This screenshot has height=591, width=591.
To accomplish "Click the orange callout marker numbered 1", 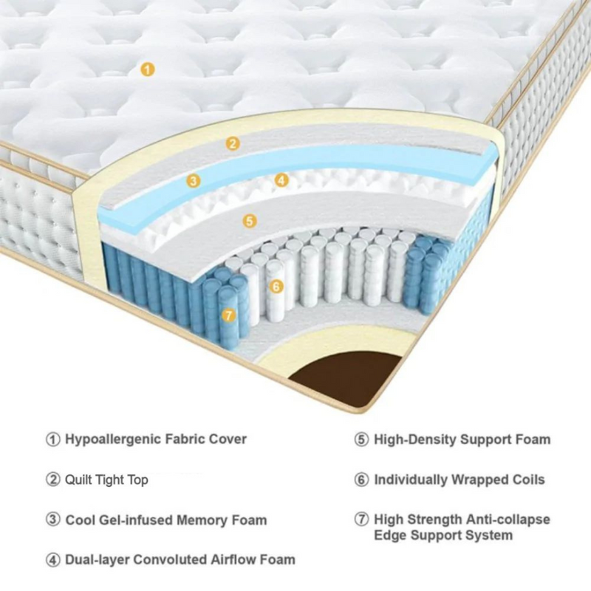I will pos(147,69).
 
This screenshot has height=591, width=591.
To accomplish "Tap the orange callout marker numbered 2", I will pos(233,143).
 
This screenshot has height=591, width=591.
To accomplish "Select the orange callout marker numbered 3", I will pos(193,180).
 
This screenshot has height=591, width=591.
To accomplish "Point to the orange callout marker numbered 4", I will pos(281,180).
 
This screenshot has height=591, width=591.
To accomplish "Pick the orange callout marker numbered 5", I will pos(250,220).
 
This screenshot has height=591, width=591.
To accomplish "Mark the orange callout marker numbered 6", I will pos(276,286).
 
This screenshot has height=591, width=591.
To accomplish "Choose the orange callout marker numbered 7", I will pos(228,315).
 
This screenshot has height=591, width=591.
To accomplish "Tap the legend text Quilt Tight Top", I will pos(107,479).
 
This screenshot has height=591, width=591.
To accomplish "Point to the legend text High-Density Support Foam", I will pos(462,440).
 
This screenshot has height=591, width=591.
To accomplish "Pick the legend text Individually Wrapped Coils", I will pos(459,479).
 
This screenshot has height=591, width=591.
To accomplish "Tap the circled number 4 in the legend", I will pos(52,559).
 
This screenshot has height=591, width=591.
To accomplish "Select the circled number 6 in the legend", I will pos(361,479).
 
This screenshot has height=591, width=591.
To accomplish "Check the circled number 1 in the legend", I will pos(52,440).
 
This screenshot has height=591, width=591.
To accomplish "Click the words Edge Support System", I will pos(443,535).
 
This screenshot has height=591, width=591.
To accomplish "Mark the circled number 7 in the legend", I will pos(361,519).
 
